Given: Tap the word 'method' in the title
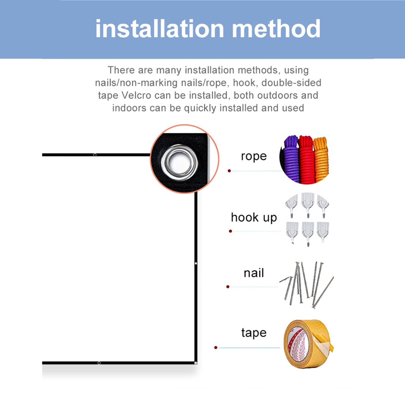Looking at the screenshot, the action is (x=276, y=29).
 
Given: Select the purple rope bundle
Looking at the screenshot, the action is (x=291, y=159).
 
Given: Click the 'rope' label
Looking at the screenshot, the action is (x=254, y=156).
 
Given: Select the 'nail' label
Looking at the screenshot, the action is (x=254, y=273).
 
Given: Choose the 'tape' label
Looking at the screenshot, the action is (x=254, y=333).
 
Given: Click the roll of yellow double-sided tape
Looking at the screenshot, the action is (x=308, y=344).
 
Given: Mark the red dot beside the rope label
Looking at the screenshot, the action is (x=229, y=171).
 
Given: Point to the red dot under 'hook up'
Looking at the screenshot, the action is (x=230, y=231).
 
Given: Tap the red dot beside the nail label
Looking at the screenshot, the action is (x=228, y=287).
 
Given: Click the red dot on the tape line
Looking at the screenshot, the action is (x=216, y=348).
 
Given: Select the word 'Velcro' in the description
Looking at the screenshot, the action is (x=136, y=95).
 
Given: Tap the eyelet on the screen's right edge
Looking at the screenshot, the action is (x=196, y=264).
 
